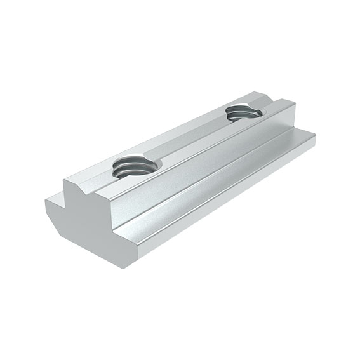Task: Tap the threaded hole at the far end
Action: [244, 113]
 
